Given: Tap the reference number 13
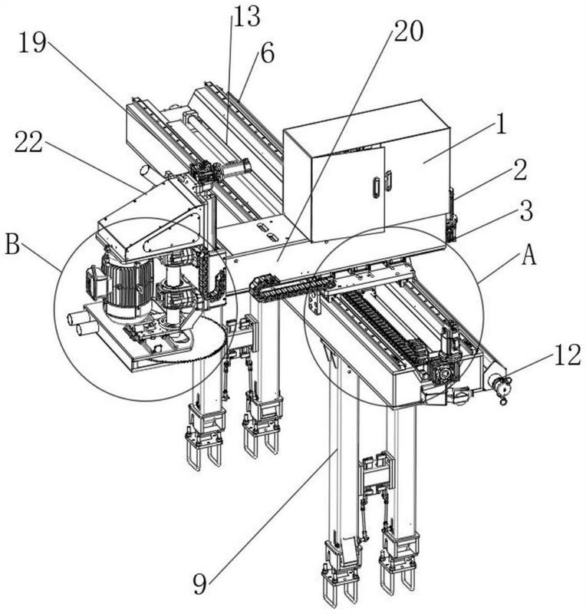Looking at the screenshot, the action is (247, 16).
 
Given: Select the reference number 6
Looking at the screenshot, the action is (268, 53).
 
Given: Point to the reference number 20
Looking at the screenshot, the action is (408, 31).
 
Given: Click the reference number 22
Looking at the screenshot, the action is (28, 142).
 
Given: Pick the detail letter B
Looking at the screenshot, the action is (12, 245).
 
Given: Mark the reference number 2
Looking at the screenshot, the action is (520, 169).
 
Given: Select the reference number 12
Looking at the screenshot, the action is (568, 355).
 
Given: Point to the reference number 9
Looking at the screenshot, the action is (199, 585).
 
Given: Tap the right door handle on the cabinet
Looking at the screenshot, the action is (388, 180).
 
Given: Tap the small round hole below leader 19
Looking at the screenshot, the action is (145, 170).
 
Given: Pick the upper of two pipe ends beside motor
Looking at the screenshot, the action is (74, 318).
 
